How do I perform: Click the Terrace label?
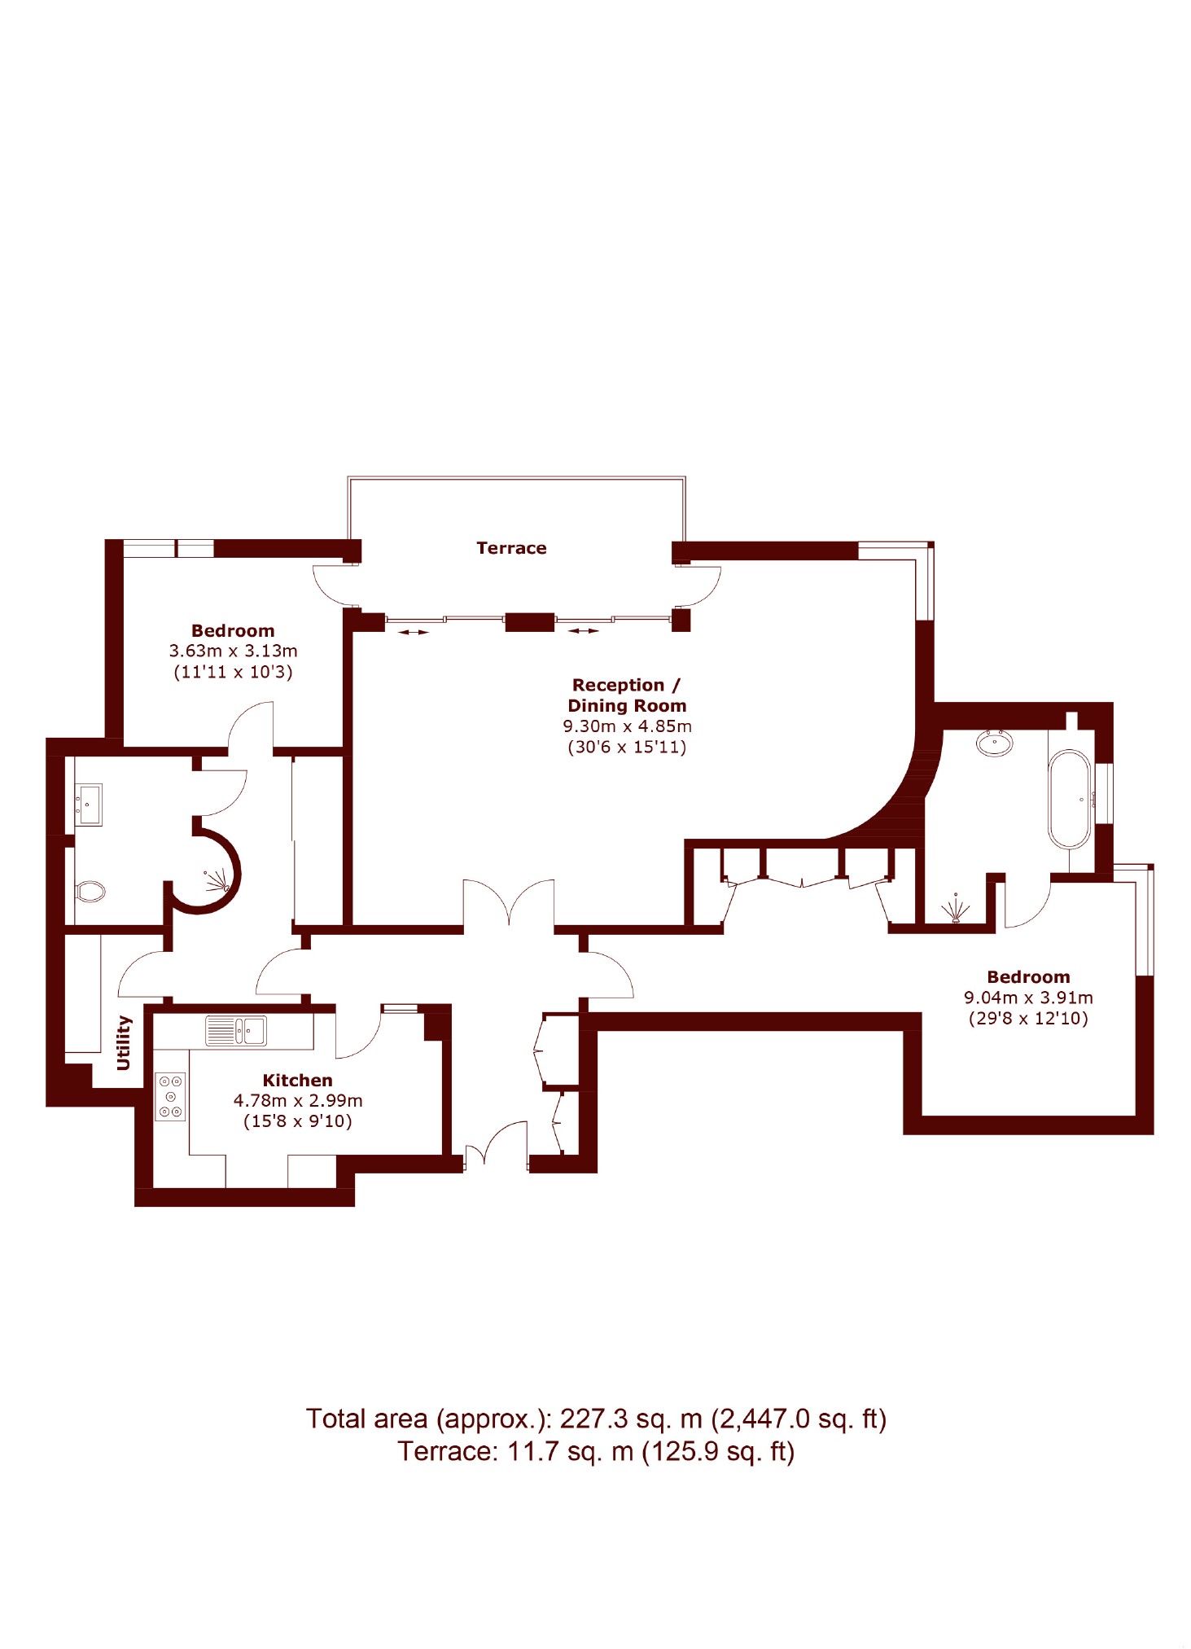pyautogui.click(x=511, y=548)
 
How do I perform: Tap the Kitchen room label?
pyautogui.click(x=297, y=1080)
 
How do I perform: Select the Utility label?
pyautogui.click(x=123, y=1042)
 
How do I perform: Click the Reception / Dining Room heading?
pyautogui.click(x=627, y=695)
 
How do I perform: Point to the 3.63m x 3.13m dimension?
pyautogui.click(x=233, y=651)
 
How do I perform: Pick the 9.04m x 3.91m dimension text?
pyautogui.click(x=1028, y=998)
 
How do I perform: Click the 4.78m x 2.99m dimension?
pyautogui.click(x=298, y=1100)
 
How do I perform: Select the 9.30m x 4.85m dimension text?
pyautogui.click(x=627, y=726)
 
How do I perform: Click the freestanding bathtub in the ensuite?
pyautogui.click(x=1069, y=800)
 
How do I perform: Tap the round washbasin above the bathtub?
pyautogui.click(x=995, y=743)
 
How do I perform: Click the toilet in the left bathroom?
pyautogui.click(x=90, y=891)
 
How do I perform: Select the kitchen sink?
pyautogui.click(x=235, y=1030)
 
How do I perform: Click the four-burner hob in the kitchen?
pyautogui.click(x=170, y=1097)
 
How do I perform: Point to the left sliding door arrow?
pyautogui.click(x=413, y=632)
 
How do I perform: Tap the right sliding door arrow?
pyautogui.click(x=583, y=630)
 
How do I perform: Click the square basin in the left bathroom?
pyautogui.click(x=89, y=805)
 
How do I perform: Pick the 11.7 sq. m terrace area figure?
pyautogui.click(x=571, y=1451)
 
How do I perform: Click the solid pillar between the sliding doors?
pyautogui.click(x=530, y=622)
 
